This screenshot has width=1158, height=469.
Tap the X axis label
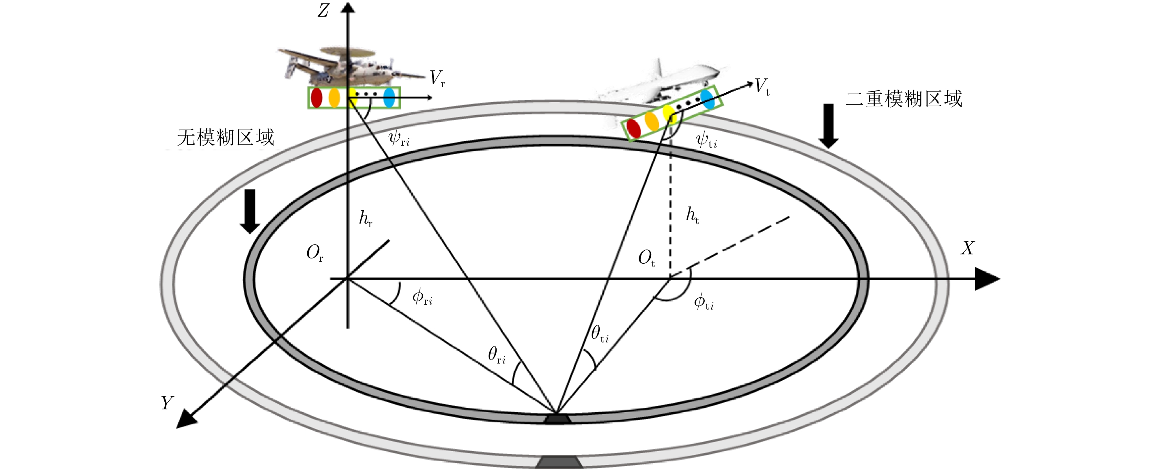coord(968,248)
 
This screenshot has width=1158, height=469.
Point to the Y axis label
coord(167,402)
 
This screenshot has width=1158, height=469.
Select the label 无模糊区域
coord(226,137)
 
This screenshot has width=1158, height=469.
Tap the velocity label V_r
coord(437,78)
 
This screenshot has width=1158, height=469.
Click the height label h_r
coord(366,219)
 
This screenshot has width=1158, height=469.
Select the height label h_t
coord(692,215)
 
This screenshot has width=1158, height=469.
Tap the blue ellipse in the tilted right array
coord(707,99)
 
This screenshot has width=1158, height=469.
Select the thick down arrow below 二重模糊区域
coord(828,126)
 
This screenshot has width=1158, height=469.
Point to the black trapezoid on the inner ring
coord(557,419)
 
